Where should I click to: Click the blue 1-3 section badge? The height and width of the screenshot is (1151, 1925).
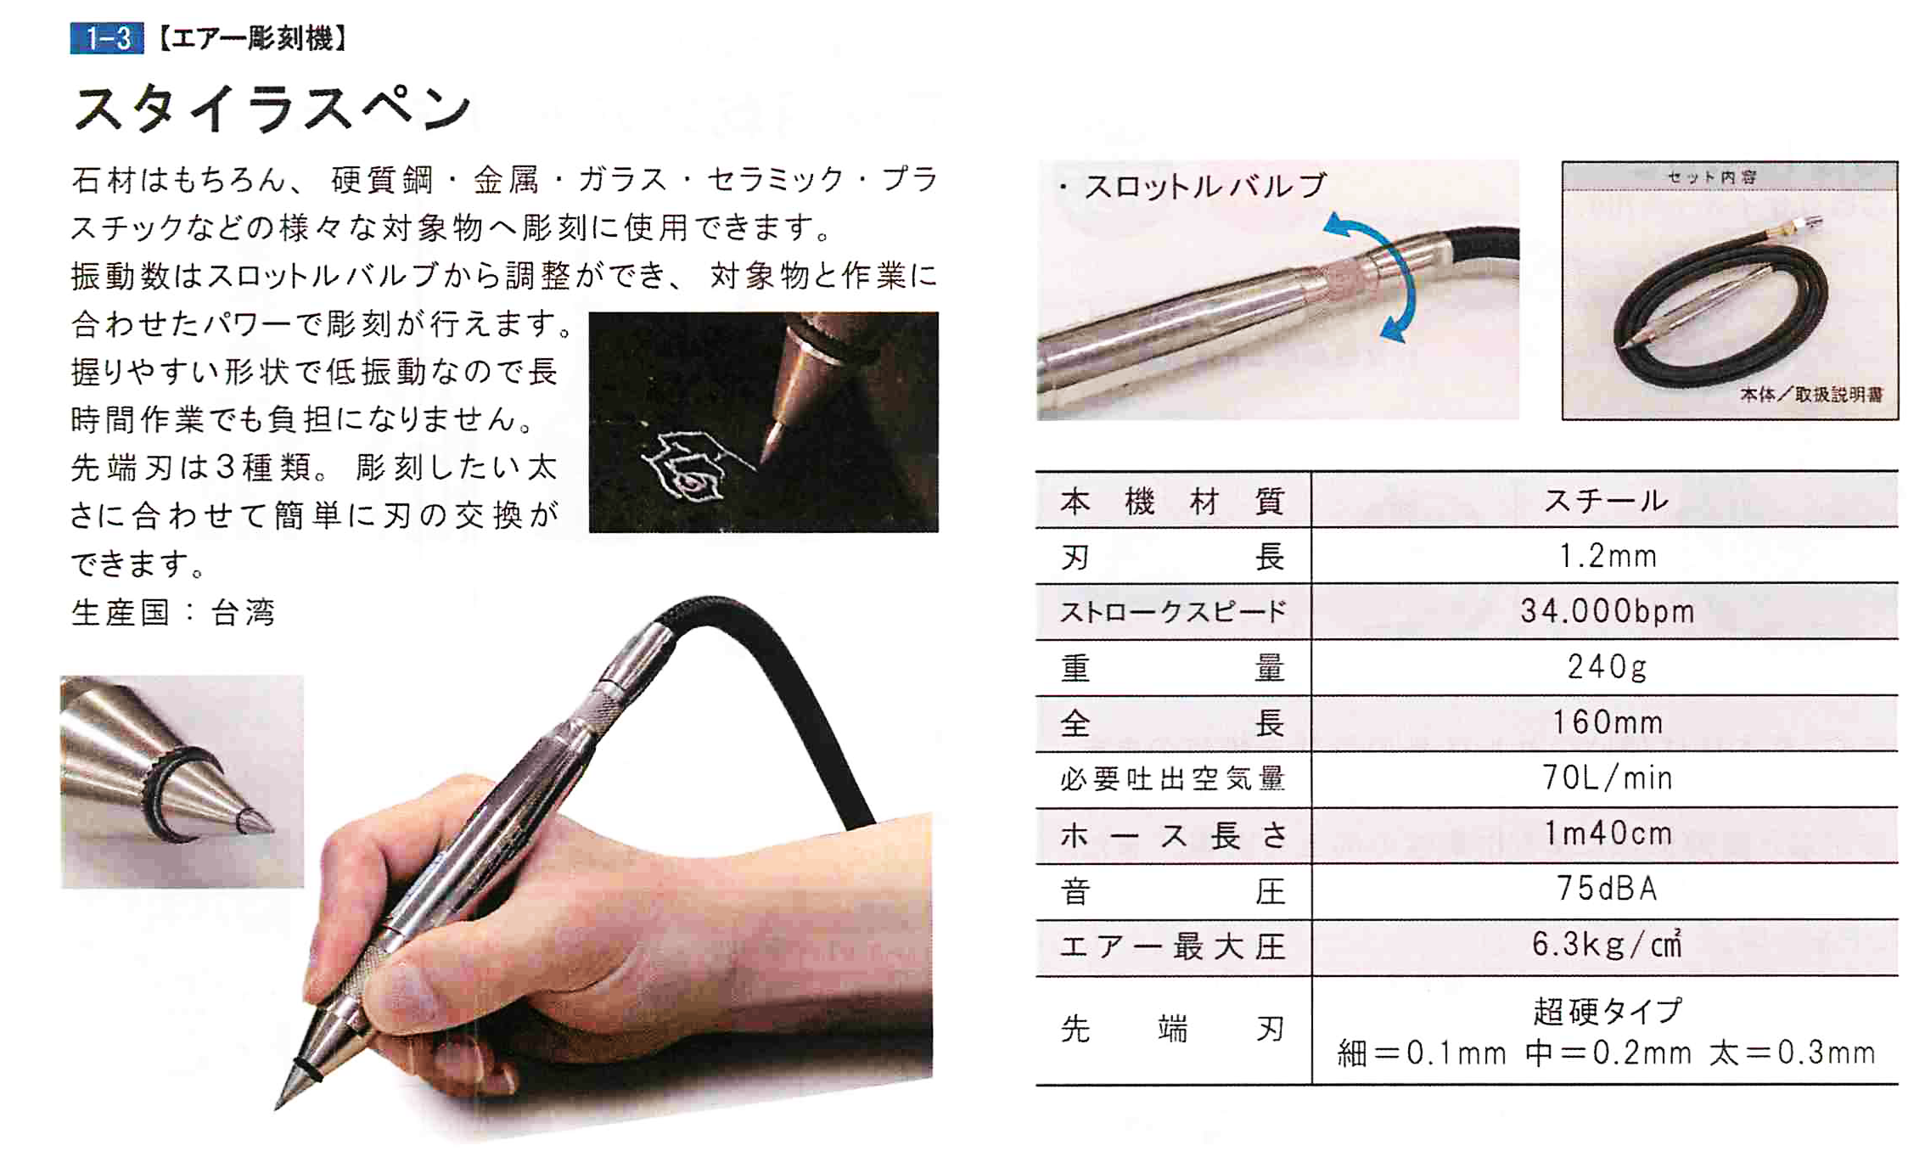[107, 39]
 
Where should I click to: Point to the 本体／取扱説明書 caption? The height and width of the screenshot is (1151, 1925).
[1810, 395]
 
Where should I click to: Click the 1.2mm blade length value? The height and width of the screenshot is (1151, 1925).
[1608, 557]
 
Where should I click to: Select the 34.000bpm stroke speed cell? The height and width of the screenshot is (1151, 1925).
[1608, 611]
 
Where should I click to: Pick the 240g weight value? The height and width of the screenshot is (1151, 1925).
[1608, 667]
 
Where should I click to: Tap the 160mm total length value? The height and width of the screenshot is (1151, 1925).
[1608, 723]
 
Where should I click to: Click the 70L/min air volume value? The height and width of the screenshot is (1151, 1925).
[1608, 778]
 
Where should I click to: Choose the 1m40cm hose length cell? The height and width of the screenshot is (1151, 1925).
[1608, 834]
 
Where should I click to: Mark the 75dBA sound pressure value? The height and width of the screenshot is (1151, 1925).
[1608, 890]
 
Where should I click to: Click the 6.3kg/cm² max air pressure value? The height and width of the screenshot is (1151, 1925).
[1608, 946]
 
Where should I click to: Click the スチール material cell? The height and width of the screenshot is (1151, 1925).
[1606, 501]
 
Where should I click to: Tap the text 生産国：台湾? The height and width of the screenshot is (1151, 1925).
[174, 613]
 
